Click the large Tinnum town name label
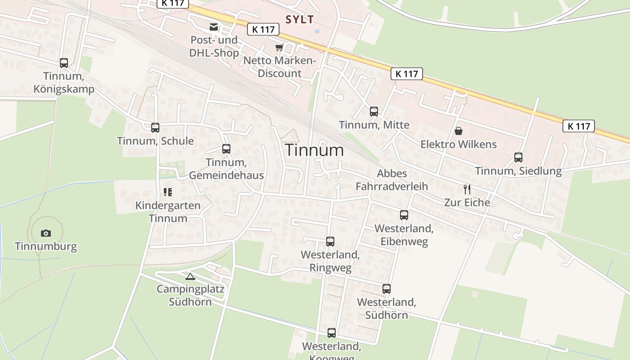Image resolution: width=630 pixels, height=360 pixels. [315, 150]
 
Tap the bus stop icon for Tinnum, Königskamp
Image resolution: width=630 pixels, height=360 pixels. [64, 63]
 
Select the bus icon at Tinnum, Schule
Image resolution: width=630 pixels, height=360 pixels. [155, 128]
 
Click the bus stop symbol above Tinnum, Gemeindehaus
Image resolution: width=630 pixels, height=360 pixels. [226, 149]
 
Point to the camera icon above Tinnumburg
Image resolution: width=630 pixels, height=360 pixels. [45, 233]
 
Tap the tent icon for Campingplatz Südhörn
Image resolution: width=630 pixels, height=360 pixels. [190, 276]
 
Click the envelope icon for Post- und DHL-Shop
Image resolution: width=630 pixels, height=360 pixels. [214, 27]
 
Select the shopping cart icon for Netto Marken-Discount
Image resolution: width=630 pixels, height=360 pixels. [279, 47]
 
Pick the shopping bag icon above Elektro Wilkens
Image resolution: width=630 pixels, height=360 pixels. [458, 131]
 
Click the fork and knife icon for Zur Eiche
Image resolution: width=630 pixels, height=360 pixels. [467, 189]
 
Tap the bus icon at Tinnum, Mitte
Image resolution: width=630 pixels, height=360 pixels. [374, 112]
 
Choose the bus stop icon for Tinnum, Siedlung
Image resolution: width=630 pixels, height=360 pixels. [518, 157]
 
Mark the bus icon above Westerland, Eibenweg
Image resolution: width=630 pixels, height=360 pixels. [404, 215]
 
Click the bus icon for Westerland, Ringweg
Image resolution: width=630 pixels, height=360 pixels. [330, 242]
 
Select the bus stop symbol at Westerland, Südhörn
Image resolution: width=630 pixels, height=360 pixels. [387, 289]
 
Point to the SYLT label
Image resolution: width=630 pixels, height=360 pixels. [300, 19]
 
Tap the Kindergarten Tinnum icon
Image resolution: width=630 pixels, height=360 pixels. [168, 193]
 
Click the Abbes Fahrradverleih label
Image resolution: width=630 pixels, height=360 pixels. [391, 180]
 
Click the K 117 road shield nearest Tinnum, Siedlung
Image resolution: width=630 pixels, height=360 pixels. [578, 126]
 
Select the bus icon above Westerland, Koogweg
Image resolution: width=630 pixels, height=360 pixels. [332, 333]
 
